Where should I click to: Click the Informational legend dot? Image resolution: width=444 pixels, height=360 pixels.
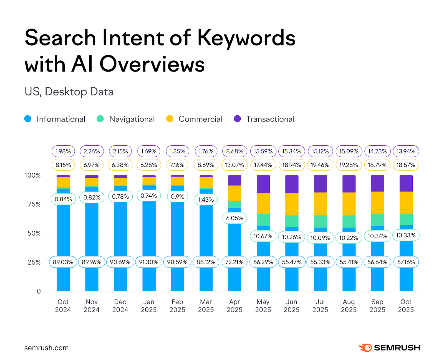(28, 119)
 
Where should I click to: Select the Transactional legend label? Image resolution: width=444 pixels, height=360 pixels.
(270, 119)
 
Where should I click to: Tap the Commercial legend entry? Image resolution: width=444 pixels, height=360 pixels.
(200, 119)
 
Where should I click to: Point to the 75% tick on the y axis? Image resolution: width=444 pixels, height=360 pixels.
(34, 204)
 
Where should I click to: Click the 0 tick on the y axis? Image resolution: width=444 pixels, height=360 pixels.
(39, 291)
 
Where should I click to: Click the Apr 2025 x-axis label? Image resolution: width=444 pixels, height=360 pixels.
(234, 306)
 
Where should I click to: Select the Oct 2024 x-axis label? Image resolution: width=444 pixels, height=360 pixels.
(63, 306)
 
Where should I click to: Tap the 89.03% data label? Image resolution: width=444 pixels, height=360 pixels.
(63, 262)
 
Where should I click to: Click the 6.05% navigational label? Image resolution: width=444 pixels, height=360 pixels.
(234, 218)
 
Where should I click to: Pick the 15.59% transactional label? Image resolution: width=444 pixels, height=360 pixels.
(263, 151)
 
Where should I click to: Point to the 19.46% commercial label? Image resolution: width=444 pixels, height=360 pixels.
(320, 165)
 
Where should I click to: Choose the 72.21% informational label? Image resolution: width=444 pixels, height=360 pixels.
(234, 262)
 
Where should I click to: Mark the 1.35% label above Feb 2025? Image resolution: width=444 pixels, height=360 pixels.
(177, 151)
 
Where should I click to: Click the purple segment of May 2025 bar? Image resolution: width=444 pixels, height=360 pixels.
(263, 184)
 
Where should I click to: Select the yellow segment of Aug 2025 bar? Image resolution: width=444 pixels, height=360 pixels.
(349, 204)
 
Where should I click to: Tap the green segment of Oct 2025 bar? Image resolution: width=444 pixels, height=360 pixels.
(406, 219)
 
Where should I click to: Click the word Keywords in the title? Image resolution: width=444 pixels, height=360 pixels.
(246, 38)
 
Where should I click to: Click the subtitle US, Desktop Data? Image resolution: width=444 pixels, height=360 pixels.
(69, 92)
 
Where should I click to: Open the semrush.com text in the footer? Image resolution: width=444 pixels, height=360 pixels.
(46, 348)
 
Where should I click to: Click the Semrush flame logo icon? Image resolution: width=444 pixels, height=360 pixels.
(365, 348)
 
